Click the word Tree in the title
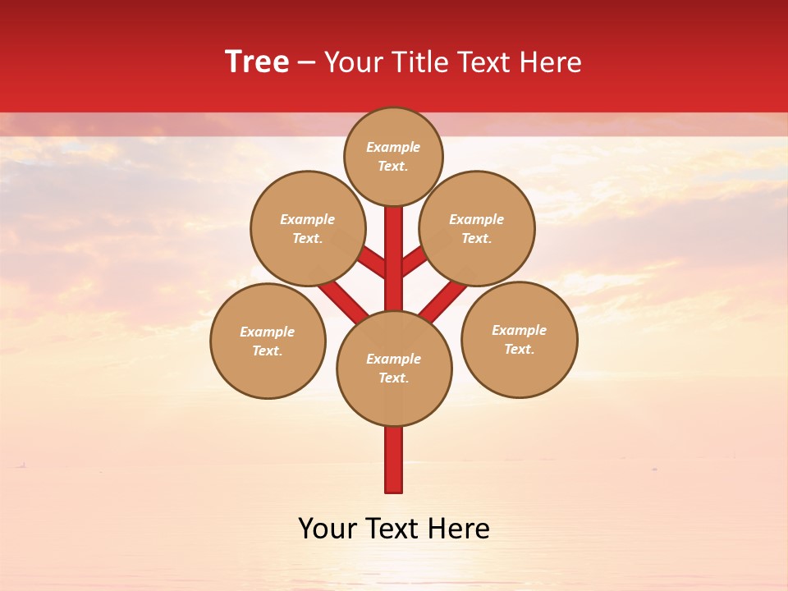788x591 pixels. (257, 62)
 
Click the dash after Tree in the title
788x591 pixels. (306, 62)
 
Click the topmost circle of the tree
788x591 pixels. (393, 156)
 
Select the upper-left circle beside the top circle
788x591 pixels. (308, 228)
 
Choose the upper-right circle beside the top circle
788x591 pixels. (477, 228)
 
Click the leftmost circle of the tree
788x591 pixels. (268, 341)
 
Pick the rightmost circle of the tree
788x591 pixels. (520, 339)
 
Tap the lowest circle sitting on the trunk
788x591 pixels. (394, 369)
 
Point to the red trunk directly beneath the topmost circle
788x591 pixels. (394, 246)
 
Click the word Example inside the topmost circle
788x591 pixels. (393, 147)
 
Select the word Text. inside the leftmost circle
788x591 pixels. (268, 350)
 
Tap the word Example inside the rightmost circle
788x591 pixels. (520, 330)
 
